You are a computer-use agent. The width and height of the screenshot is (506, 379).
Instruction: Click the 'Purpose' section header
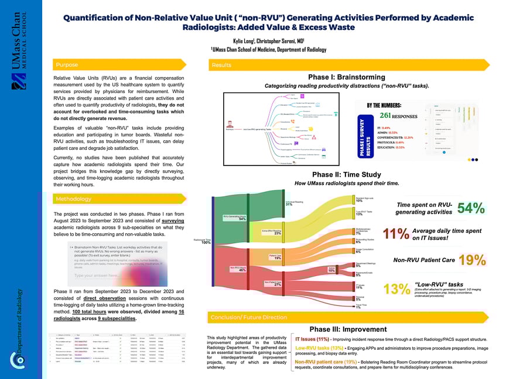pyautogui.click(x=66, y=65)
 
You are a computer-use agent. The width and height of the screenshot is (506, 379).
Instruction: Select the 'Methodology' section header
pyautogui.click(x=73, y=199)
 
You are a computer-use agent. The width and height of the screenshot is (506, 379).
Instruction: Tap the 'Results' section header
pyautogui.click(x=221, y=65)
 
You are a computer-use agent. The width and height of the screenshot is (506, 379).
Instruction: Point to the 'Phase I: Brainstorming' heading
pyautogui.click(x=346, y=77)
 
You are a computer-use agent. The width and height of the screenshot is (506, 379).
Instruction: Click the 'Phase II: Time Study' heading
pyautogui.click(x=347, y=175)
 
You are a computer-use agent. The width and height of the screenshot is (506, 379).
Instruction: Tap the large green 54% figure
pyautogui.click(x=470, y=208)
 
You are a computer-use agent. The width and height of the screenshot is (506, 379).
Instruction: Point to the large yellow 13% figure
pyautogui.click(x=395, y=288)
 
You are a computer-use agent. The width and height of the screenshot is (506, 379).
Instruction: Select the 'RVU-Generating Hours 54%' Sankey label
pyautogui.click(x=234, y=218)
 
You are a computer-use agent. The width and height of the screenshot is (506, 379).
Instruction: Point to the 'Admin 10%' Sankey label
pyautogui.click(x=331, y=270)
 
